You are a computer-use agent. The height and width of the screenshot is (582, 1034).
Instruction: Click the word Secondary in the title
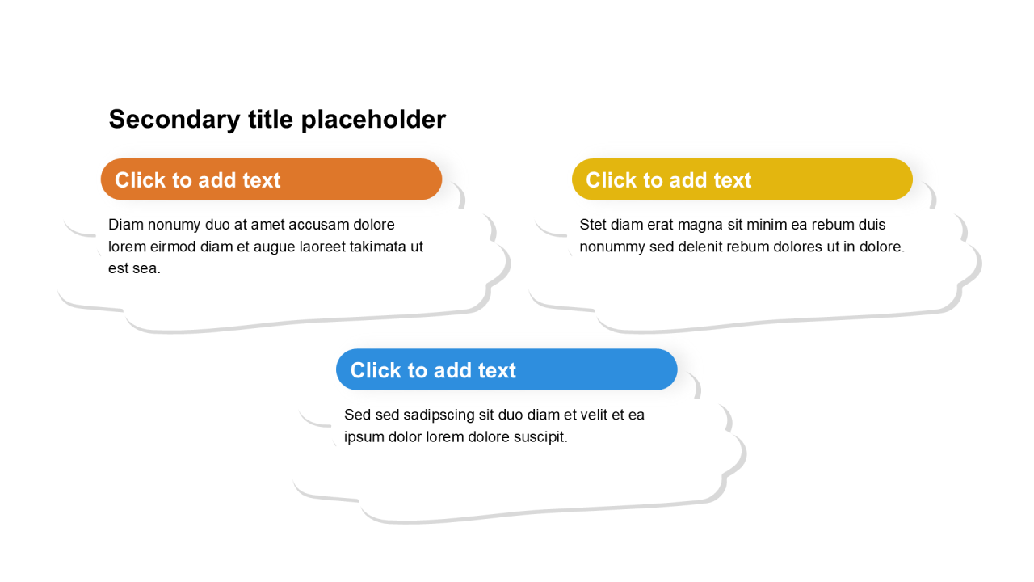point(174,120)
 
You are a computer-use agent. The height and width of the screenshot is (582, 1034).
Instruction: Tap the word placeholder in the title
point(373,120)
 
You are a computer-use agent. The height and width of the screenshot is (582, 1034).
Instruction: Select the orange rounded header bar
point(271,179)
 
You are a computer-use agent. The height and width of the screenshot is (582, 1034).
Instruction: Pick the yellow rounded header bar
point(742,179)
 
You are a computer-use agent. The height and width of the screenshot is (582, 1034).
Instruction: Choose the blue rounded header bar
point(506,369)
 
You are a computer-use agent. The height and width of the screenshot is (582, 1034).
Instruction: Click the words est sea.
point(134,268)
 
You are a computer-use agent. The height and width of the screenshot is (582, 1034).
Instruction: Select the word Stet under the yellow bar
point(593,225)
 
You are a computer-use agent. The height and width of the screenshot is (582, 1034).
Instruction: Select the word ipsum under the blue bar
point(364,438)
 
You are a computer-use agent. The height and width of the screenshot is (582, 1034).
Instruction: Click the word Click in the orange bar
point(141,179)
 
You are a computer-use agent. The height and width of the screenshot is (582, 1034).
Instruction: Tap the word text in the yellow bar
point(732,180)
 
